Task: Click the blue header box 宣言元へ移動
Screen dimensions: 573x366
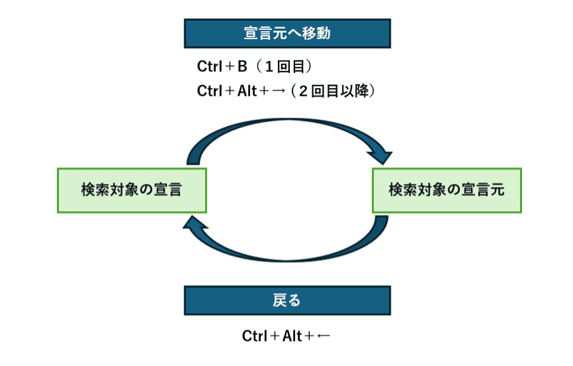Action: click(287, 33)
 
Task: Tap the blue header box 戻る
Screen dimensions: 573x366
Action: click(287, 300)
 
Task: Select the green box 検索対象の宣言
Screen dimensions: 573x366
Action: click(132, 190)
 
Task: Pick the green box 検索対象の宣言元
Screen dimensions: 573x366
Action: click(447, 190)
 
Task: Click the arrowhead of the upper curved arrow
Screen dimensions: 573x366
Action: click(381, 156)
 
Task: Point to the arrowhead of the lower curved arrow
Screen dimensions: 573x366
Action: click(194, 223)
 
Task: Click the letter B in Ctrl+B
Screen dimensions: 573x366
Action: click(242, 66)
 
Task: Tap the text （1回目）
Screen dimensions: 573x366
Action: click(284, 66)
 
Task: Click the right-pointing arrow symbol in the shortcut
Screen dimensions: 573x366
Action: click(279, 91)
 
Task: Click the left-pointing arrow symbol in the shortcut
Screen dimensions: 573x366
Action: click(324, 336)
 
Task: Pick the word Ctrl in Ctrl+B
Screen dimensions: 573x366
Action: click(210, 66)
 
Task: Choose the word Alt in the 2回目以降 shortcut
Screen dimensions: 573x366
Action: click(247, 91)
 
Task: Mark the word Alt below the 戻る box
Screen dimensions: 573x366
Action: click(292, 336)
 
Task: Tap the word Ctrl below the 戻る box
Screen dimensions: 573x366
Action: click(255, 336)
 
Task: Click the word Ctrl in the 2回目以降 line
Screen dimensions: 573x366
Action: click(210, 91)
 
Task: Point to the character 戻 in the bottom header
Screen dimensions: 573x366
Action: click(280, 300)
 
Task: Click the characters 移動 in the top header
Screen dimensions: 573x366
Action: click(316, 33)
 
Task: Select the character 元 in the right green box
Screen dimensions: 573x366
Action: click(497, 190)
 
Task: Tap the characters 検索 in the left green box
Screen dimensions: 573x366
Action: click(95, 190)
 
